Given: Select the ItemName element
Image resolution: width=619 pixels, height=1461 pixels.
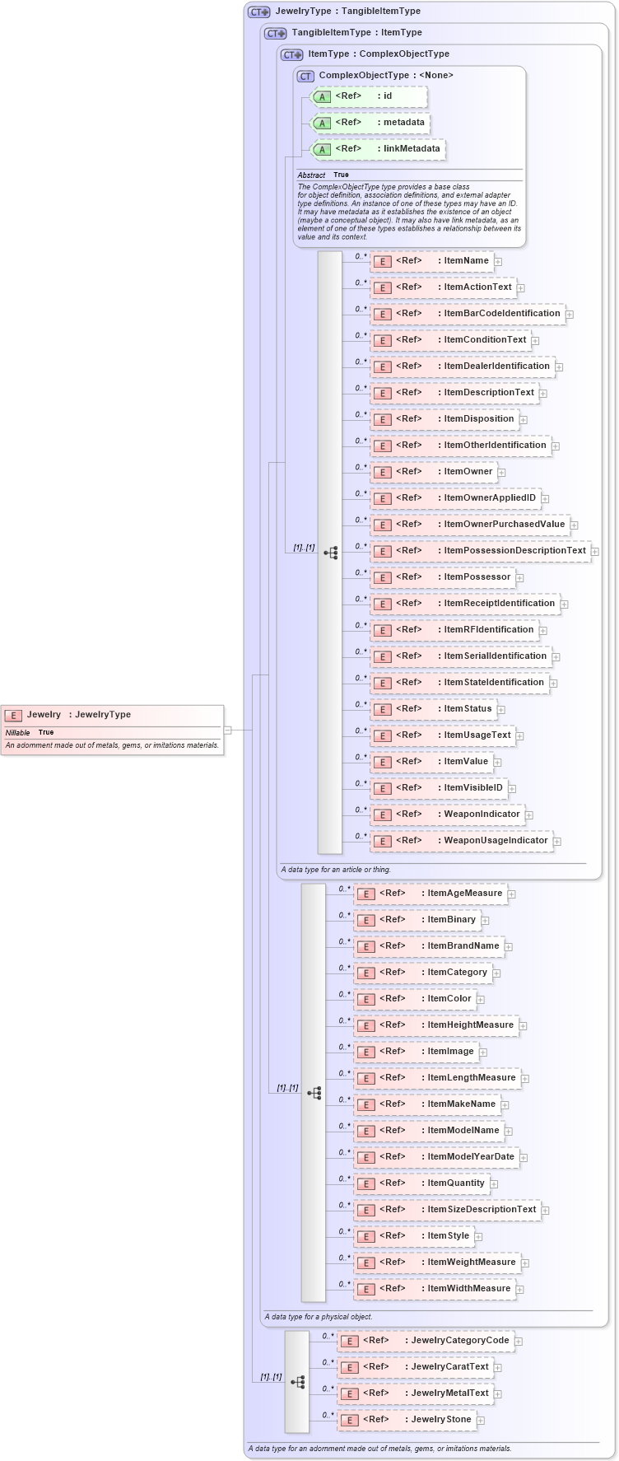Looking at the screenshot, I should (x=431, y=261).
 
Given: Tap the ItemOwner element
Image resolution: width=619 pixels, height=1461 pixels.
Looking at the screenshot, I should (x=433, y=472).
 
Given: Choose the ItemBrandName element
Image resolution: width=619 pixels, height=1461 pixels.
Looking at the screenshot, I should (x=428, y=946).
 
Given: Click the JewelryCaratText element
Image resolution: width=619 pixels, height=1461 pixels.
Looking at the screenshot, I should (x=415, y=1367).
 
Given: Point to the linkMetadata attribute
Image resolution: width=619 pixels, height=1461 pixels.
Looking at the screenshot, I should (x=378, y=149).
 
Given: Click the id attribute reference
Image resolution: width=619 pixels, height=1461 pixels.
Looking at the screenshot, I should (x=369, y=96).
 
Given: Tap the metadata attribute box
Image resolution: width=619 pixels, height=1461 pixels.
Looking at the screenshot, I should (x=370, y=123).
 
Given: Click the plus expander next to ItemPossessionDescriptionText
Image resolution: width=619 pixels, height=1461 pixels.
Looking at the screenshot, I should (x=595, y=552).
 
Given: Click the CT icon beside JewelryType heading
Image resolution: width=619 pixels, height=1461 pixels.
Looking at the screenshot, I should (x=259, y=12).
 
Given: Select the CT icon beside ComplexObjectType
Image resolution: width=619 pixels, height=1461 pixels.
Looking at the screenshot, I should (x=305, y=76).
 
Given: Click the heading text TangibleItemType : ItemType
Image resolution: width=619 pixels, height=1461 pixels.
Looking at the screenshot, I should (x=356, y=33).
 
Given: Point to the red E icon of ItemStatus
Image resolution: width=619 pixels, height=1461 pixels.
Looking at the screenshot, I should (x=382, y=709).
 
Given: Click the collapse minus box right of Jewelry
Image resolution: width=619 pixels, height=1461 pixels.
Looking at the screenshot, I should (x=228, y=730).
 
